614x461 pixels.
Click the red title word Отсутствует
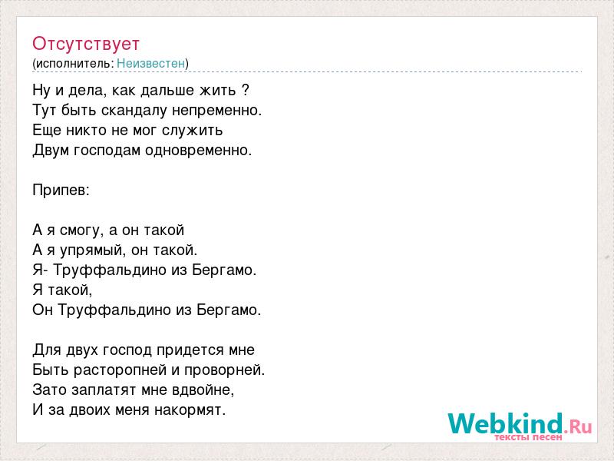(86, 44)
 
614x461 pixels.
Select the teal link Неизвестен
(150, 63)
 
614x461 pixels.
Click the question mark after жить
(245, 90)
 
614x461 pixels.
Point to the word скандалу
(134, 111)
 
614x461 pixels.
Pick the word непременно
(217, 111)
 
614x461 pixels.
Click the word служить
(193, 131)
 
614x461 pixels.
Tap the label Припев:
(61, 191)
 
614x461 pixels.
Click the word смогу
(82, 230)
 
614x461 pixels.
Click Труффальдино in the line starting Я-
(110, 270)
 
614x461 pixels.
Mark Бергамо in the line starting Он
(229, 310)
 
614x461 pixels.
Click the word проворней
(225, 370)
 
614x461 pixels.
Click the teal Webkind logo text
(506, 423)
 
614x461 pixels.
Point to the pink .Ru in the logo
(578, 426)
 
